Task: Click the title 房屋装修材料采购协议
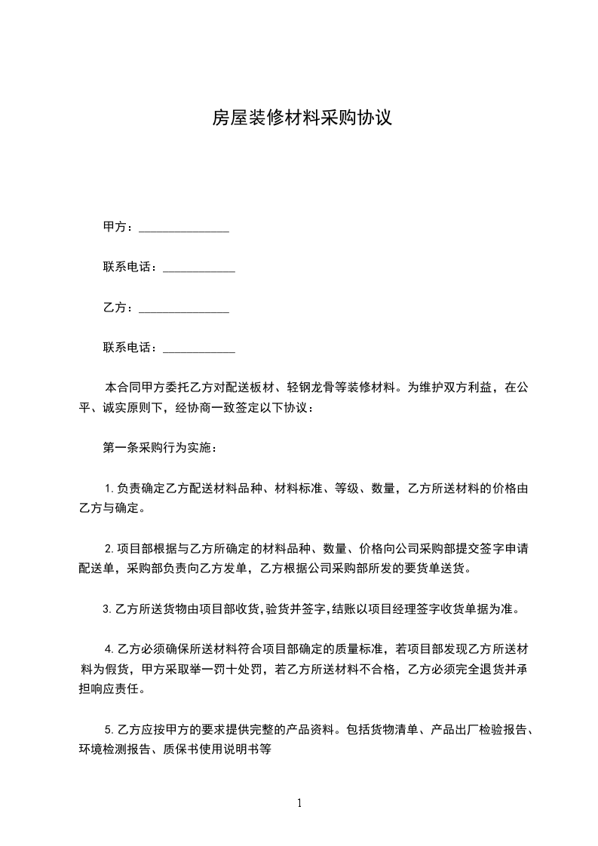point(301,118)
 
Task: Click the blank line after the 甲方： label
point(184,228)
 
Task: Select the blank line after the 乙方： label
point(184,310)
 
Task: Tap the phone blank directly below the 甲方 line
point(199,269)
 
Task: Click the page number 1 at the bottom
point(299,803)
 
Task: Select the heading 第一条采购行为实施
point(161,448)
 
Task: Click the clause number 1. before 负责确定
point(109,489)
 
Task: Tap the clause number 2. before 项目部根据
point(109,548)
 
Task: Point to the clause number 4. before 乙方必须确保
point(109,648)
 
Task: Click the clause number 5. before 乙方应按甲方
point(109,730)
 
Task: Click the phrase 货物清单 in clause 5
point(391,730)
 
